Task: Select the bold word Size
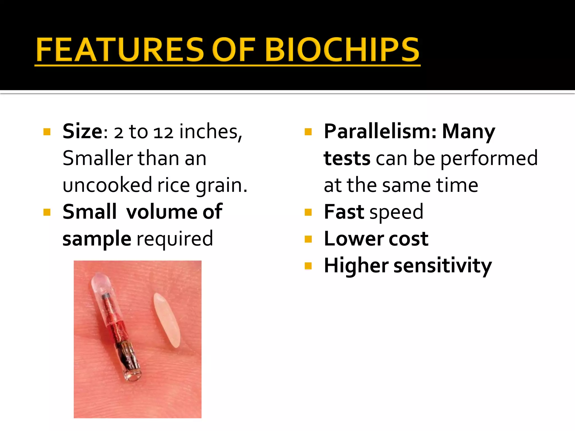click(x=83, y=131)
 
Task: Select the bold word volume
click(x=161, y=212)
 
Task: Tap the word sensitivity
click(x=443, y=265)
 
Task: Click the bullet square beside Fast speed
click(x=308, y=212)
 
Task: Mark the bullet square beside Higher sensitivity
click(x=308, y=265)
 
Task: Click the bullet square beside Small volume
click(x=47, y=212)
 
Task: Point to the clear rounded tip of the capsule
click(x=100, y=281)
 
